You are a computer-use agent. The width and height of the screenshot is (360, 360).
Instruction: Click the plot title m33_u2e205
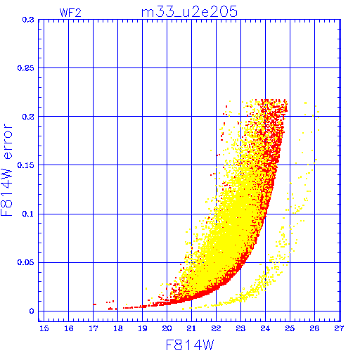(x=189, y=12)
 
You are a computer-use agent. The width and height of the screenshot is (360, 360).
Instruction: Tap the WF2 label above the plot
(x=70, y=13)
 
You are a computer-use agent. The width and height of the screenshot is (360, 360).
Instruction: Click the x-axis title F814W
(x=190, y=345)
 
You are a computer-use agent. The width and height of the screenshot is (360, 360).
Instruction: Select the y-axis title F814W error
(x=6, y=169)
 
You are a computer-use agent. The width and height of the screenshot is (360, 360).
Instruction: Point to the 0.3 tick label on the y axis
(x=28, y=20)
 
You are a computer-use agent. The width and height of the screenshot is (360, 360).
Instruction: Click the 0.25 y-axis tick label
(x=26, y=68)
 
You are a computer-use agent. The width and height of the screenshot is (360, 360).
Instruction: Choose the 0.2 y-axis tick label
(x=28, y=117)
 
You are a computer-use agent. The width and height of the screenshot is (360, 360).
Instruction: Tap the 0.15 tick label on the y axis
(x=26, y=165)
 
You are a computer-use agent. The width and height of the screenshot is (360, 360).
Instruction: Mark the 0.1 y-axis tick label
(x=28, y=214)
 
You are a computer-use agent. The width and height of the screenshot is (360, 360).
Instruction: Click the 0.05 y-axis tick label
(x=26, y=262)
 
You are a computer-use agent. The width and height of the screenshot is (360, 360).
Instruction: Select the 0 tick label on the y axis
(x=32, y=311)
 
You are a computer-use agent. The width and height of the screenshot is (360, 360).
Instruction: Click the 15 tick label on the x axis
(x=44, y=328)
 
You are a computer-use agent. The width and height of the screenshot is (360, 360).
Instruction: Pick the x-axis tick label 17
(x=94, y=328)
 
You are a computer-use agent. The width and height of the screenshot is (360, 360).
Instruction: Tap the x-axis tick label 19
(x=143, y=328)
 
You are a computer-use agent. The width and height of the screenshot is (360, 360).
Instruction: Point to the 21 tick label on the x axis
(x=191, y=328)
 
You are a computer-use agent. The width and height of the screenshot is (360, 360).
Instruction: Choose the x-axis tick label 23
(x=240, y=328)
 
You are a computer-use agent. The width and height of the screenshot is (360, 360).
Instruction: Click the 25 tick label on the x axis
(x=290, y=328)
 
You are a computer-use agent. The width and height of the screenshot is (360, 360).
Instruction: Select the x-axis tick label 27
(x=339, y=328)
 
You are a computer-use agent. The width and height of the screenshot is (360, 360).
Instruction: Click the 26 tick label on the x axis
(x=314, y=328)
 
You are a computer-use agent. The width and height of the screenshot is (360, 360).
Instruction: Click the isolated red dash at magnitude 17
(x=94, y=304)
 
